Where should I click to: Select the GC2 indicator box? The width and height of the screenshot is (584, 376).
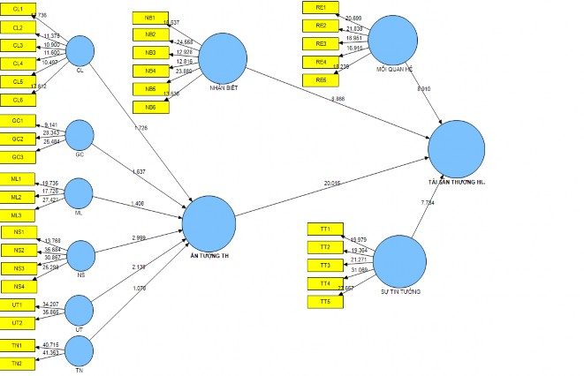tap(18, 139)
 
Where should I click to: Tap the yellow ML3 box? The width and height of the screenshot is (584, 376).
tap(17, 214)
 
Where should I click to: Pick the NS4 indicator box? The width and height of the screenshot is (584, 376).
tap(18, 285)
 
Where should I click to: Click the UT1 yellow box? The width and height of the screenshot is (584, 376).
tap(17, 305)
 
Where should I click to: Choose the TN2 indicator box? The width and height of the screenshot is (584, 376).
tap(17, 363)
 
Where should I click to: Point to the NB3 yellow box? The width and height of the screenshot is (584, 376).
tap(150, 53)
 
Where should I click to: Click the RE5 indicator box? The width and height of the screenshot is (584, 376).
tap(321, 80)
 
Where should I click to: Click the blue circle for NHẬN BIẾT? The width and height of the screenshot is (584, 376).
tap(222, 58)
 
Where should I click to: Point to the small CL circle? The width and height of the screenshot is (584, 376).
tap(80, 50)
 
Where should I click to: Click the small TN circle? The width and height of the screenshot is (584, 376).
tap(80, 350)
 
